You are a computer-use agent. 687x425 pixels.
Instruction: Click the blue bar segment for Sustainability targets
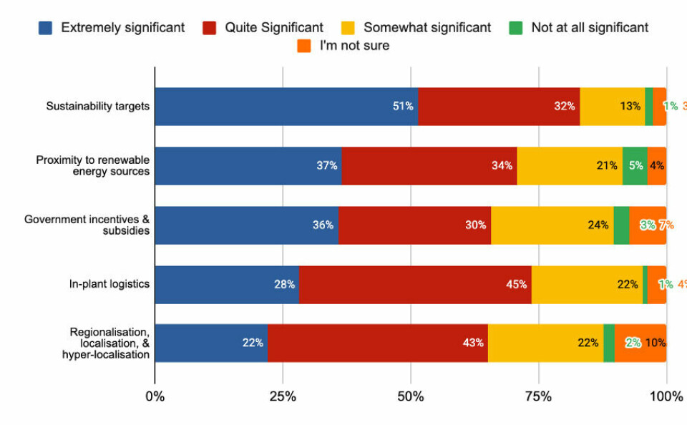[286, 107]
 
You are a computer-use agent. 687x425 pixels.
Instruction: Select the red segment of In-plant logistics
[415, 284]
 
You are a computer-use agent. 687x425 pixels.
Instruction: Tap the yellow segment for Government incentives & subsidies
[552, 225]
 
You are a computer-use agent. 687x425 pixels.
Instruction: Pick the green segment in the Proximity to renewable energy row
[635, 166]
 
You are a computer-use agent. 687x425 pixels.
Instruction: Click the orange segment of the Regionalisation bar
[640, 343]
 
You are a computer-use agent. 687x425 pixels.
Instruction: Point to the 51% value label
[403, 107]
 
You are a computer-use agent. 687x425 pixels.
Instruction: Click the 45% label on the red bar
[516, 284]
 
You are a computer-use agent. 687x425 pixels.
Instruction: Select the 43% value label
[473, 343]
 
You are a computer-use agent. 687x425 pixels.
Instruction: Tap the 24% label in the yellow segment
[598, 225]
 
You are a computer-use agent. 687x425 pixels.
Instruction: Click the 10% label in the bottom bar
[656, 343]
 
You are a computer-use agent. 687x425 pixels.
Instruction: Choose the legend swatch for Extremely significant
[46, 28]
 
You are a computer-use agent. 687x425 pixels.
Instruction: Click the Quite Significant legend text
[274, 28]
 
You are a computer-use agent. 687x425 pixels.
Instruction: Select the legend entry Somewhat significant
[427, 28]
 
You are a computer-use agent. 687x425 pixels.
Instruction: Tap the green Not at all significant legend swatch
[516, 28]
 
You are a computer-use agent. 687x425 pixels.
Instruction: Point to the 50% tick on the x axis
[411, 396]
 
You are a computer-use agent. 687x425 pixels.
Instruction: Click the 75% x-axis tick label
[538, 396]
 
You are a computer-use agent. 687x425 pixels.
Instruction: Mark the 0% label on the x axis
[155, 396]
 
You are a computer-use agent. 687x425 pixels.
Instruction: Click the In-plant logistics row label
[109, 284]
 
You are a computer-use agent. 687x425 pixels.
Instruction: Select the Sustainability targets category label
[98, 107]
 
